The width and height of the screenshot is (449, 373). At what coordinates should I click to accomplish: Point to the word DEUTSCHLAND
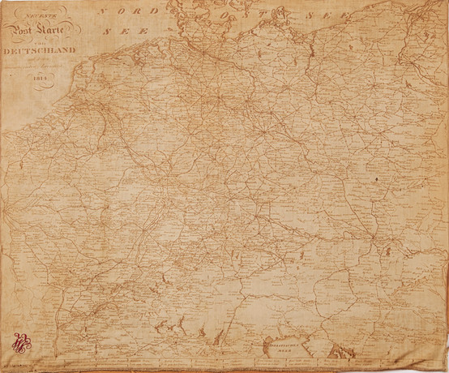point(39,50)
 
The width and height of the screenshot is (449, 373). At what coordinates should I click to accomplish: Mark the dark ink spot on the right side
point(378,178)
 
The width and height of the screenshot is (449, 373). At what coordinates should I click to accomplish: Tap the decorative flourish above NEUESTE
point(39,8)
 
